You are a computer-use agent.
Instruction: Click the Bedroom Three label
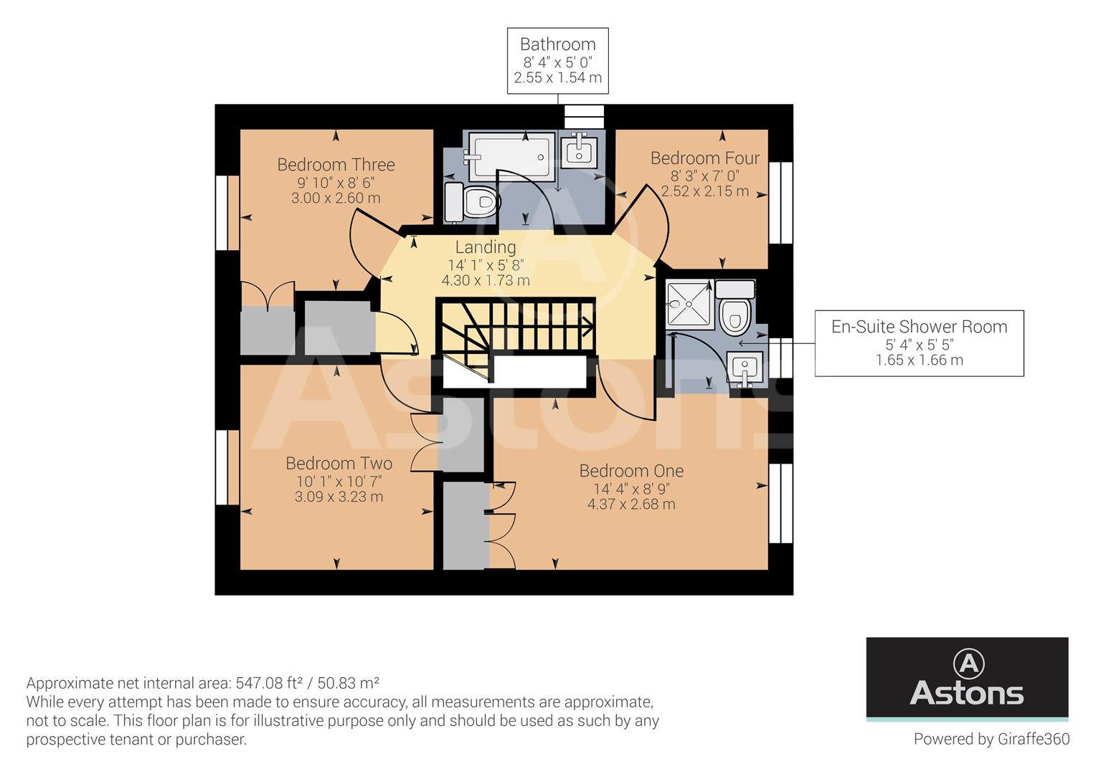pos(336,165)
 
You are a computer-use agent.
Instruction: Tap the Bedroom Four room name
pos(704,158)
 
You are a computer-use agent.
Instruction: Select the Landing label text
pos(486,247)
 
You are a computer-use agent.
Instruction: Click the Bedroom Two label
pos(339,463)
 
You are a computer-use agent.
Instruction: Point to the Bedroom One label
pos(631,471)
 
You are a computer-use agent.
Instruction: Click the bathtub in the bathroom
pos(511,156)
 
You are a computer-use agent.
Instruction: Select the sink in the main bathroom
pos(578,150)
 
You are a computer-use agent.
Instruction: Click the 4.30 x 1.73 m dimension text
pos(486,281)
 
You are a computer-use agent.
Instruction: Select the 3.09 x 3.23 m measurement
pos(339,497)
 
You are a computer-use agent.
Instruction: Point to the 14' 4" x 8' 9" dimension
pos(631,488)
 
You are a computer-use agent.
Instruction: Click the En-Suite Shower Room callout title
pos(919,327)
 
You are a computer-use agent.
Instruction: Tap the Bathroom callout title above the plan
pos(557,44)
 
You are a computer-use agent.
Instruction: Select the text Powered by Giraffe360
pos(991,739)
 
